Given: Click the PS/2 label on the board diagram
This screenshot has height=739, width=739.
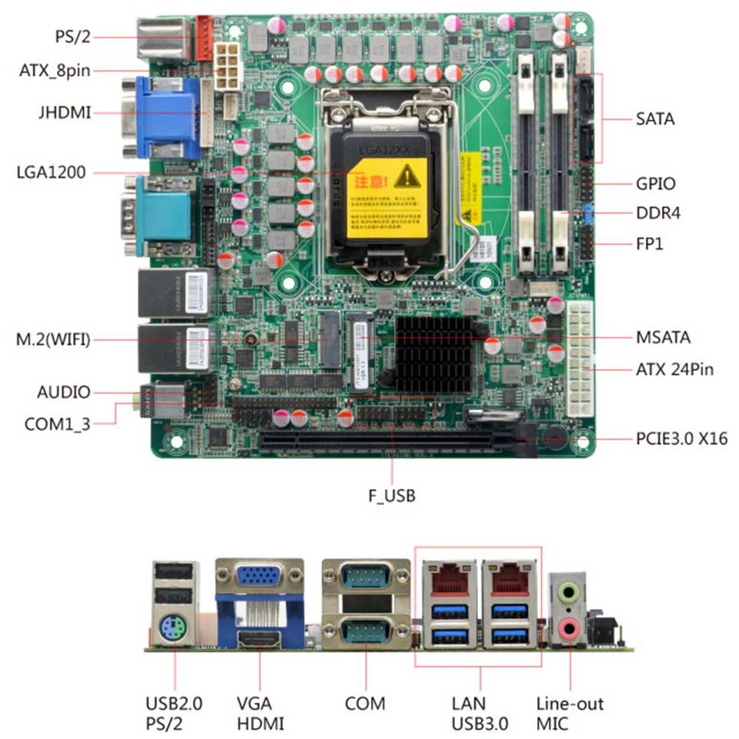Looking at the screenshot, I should click(73, 35).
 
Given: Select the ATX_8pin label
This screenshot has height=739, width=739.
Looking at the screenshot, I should click(55, 72).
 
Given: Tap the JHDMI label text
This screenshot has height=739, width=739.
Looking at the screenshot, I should click(64, 113).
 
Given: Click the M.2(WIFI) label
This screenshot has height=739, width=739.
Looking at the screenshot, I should click(53, 339).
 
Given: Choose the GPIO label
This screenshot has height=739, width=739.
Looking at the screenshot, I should click(656, 184).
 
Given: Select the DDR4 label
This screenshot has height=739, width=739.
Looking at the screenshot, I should click(658, 213).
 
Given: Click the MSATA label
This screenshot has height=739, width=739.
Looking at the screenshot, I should click(663, 337).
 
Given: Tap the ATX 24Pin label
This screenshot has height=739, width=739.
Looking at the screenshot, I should click(674, 370).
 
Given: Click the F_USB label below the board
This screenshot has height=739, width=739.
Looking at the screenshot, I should click(392, 496).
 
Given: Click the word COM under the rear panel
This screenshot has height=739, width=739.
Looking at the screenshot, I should click(365, 704).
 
